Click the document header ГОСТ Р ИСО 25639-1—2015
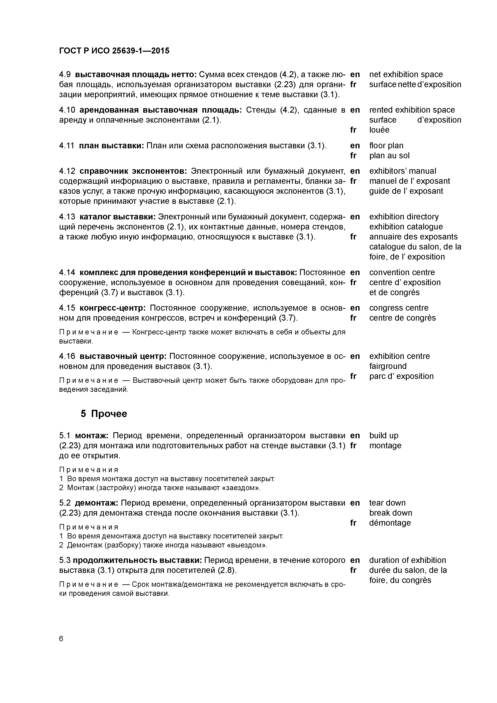tap(114, 51)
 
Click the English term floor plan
tap(386, 145)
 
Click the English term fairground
tap(388, 366)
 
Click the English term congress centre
tap(399, 308)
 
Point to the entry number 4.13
tap(67, 217)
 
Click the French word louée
tap(379, 130)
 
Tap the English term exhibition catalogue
tap(406, 227)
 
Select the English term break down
tap(390, 513)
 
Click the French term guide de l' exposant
tap(406, 191)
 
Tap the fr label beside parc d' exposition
tap(353, 376)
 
